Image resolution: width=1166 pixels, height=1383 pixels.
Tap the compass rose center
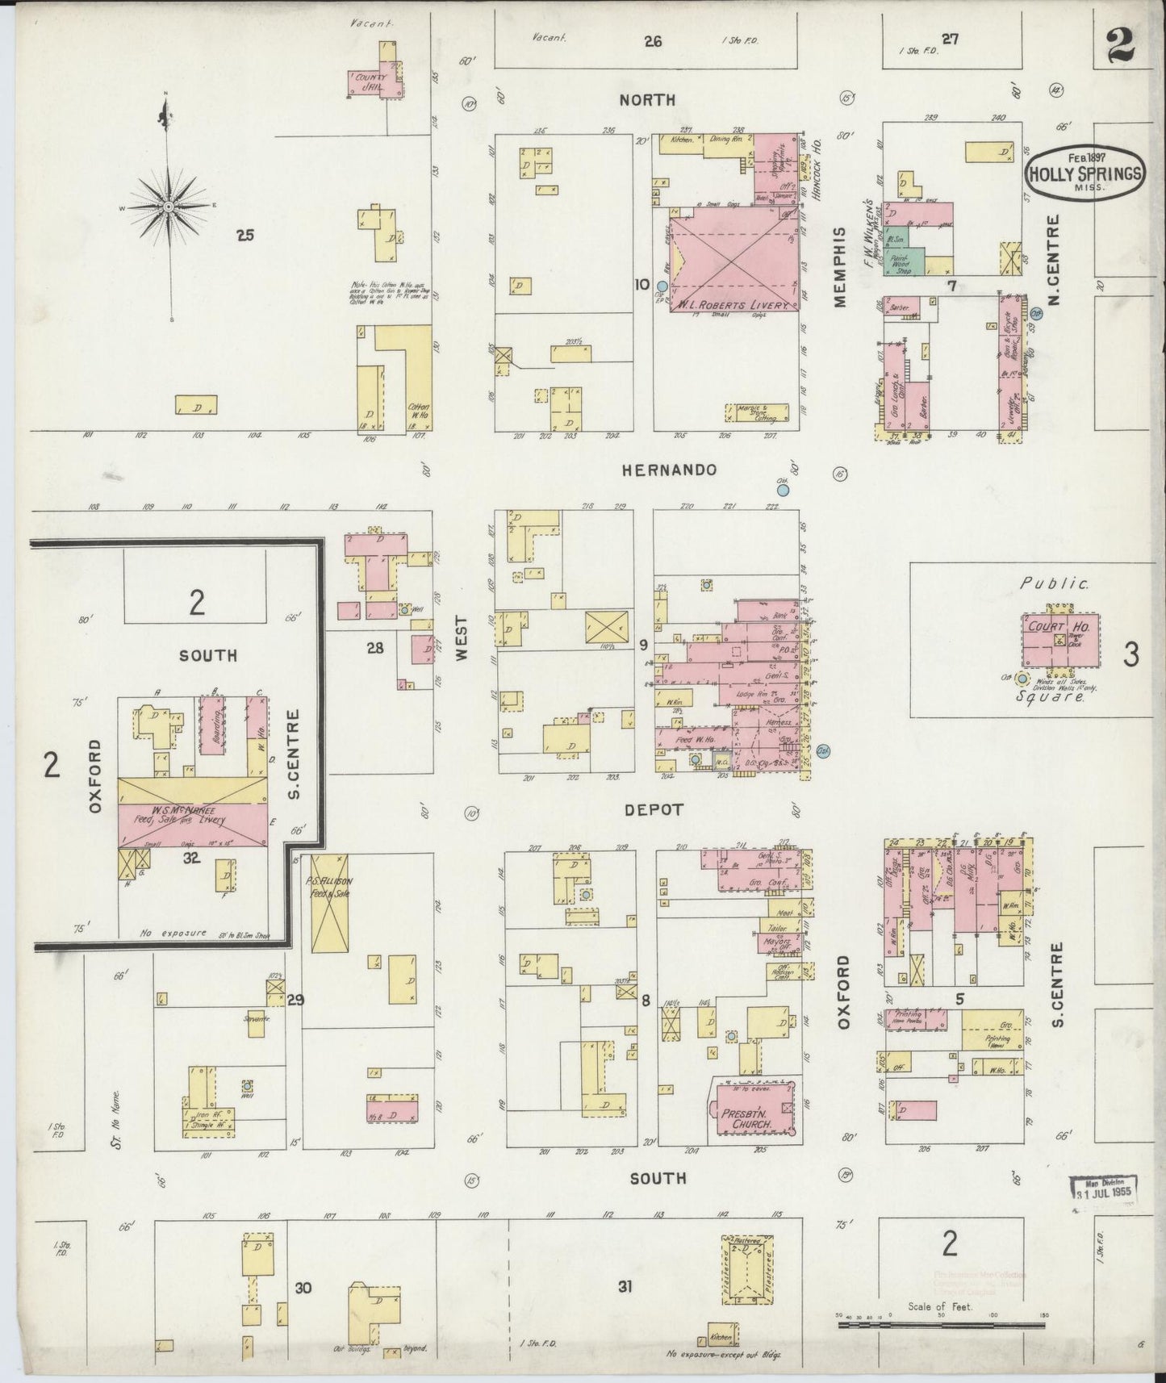[169, 208]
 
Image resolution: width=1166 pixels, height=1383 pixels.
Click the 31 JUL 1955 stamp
[1102, 1190]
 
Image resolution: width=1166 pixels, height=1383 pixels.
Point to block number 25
[245, 236]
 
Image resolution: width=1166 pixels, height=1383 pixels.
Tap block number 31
[624, 1287]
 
